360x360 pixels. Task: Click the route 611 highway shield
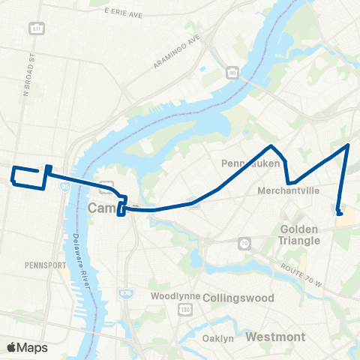36,28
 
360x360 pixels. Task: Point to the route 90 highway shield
232,72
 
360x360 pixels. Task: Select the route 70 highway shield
244,243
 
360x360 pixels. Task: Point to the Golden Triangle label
300,235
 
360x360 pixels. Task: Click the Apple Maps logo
27,347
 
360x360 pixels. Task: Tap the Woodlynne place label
175,296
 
